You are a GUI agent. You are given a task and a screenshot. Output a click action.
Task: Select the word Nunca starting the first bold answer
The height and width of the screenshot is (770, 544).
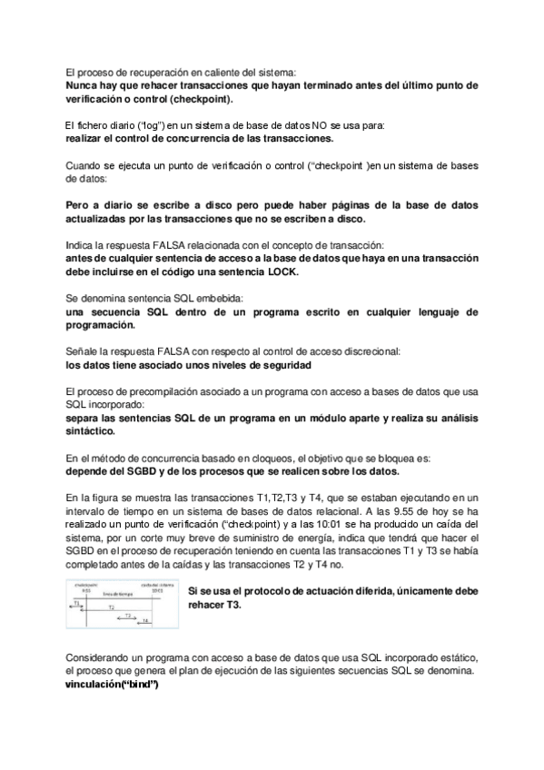coord(84,86)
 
